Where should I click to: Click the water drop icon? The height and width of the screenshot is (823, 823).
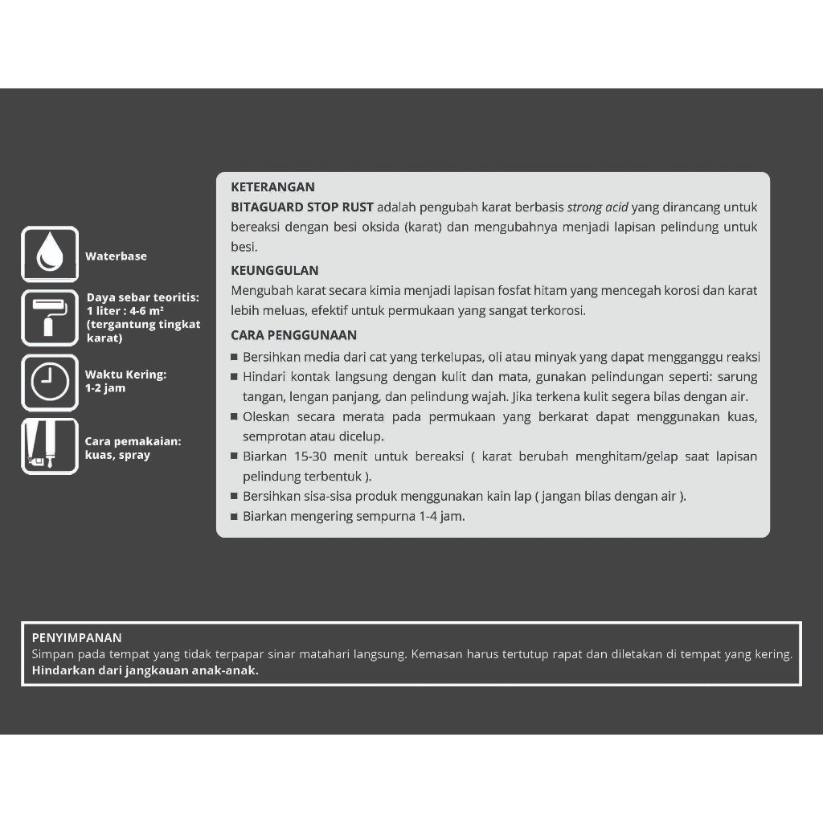49,254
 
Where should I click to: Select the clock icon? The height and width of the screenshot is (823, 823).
49,382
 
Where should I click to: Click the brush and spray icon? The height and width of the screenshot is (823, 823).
49,446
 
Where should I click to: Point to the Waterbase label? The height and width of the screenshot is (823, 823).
116,256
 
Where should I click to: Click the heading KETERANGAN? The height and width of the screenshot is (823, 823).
272,187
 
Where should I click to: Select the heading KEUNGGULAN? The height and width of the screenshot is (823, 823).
274,271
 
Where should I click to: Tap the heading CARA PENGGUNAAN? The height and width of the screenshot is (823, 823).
293,335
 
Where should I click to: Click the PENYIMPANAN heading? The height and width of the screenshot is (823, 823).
76,638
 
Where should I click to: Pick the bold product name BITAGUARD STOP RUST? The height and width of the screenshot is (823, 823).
301,207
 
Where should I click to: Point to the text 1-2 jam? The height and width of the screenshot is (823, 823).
105,388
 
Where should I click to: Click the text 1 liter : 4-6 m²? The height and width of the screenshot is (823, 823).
125,311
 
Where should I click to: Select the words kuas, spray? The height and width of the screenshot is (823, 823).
117,455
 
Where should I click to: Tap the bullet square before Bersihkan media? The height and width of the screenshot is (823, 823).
234,358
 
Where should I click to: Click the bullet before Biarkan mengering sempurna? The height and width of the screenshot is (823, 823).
234,517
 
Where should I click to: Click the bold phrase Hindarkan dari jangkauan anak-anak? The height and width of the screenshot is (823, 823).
145,670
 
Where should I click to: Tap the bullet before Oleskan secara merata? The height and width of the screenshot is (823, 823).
234,417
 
